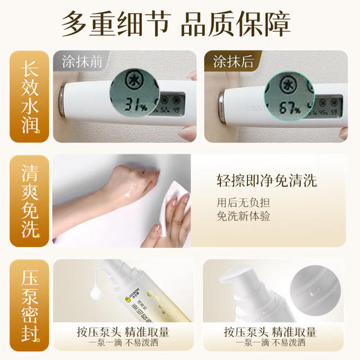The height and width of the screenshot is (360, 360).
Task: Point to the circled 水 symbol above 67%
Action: tap(278, 81)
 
